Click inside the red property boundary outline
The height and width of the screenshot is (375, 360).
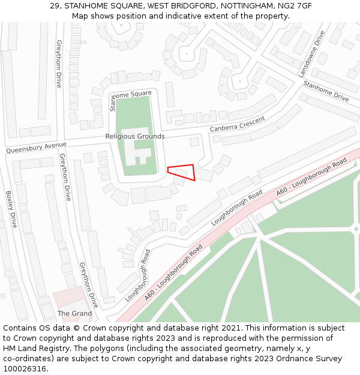click(183, 171)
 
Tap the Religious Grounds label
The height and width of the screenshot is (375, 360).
click(135, 136)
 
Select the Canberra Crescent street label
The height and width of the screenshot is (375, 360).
click(237, 125)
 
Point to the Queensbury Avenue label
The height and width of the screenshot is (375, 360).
click(36, 148)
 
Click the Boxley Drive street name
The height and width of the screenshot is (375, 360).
click(11, 209)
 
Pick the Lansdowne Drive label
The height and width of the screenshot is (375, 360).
click(311, 54)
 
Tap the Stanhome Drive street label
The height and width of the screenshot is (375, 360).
click(326, 91)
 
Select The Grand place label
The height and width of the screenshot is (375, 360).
click(74, 313)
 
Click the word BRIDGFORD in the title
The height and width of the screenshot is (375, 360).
click(183, 5)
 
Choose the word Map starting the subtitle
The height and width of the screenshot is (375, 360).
click(80, 16)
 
